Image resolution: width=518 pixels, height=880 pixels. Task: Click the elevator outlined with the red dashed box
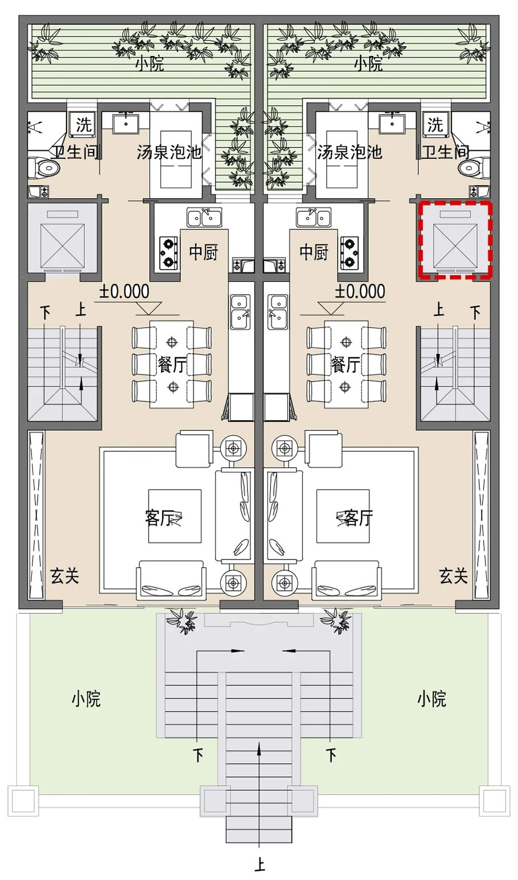coord(455,240)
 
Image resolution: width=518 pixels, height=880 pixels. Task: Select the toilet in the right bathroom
coord(474,168)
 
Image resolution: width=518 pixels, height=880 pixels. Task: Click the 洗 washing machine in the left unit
coord(83,125)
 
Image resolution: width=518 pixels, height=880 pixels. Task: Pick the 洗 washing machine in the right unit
coord(435,125)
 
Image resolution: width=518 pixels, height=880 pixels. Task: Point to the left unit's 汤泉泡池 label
coord(169,152)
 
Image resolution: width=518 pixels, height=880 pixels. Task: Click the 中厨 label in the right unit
coord(314,252)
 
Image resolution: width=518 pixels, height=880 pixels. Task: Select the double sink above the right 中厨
coord(313,217)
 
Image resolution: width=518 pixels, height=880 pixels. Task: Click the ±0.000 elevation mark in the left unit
coord(124,291)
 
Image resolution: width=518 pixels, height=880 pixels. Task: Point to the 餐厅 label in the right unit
coord(346,365)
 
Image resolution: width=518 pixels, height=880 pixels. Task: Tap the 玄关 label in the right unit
coord(453,576)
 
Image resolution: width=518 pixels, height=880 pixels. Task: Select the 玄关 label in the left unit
coord(65,576)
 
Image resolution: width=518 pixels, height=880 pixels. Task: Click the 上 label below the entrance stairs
coord(259,864)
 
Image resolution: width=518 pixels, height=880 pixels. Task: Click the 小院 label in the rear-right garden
coord(368,63)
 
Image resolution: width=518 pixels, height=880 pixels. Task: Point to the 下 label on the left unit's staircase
coord(46,312)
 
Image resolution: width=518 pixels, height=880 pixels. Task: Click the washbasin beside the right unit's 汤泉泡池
coord(392,124)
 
